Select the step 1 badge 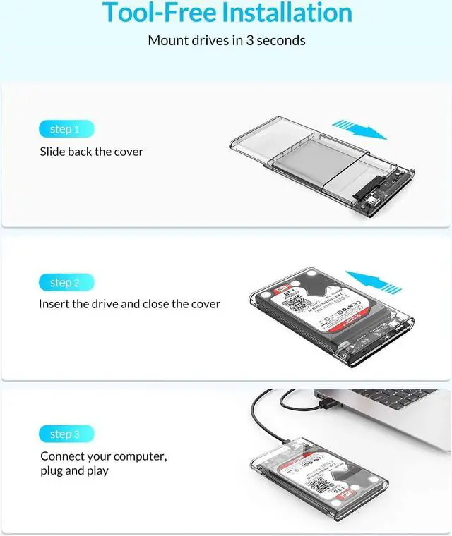65,129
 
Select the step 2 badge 65,283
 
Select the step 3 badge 65,434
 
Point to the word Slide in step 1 52,152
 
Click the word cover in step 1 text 128,152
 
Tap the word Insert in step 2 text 54,304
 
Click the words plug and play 74,470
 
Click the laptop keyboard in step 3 395,401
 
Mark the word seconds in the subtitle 281,40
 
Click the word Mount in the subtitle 167,40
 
